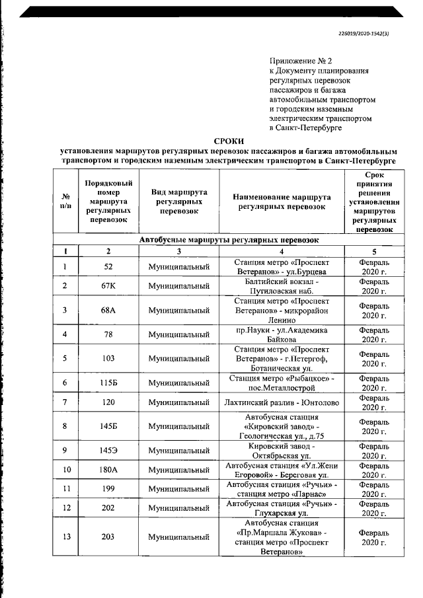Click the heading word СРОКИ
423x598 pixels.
pyautogui.click(x=229, y=141)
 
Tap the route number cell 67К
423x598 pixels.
pyautogui.click(x=108, y=285)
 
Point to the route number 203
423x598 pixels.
pyautogui.click(x=108, y=538)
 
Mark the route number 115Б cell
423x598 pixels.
pyautogui.click(x=108, y=383)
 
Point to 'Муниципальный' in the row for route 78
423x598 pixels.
pyautogui.click(x=178, y=334)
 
